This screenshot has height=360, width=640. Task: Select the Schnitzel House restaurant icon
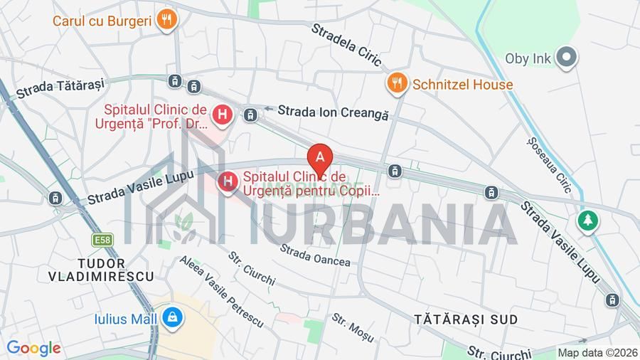click(x=397, y=85)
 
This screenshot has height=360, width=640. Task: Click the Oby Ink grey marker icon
click(x=566, y=58)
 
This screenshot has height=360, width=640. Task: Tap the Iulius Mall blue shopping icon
click(x=171, y=318)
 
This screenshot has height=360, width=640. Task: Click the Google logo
click(x=33, y=349)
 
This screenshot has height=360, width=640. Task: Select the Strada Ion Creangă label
click(x=333, y=112)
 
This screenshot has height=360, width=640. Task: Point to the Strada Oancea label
click(x=315, y=255)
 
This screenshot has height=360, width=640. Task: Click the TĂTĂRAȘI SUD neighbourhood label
click(x=466, y=319)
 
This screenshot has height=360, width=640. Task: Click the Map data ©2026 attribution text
click(x=597, y=352)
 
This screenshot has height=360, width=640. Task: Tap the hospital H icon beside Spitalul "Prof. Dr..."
click(x=223, y=114)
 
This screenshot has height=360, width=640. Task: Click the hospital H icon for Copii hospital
click(x=228, y=184)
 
